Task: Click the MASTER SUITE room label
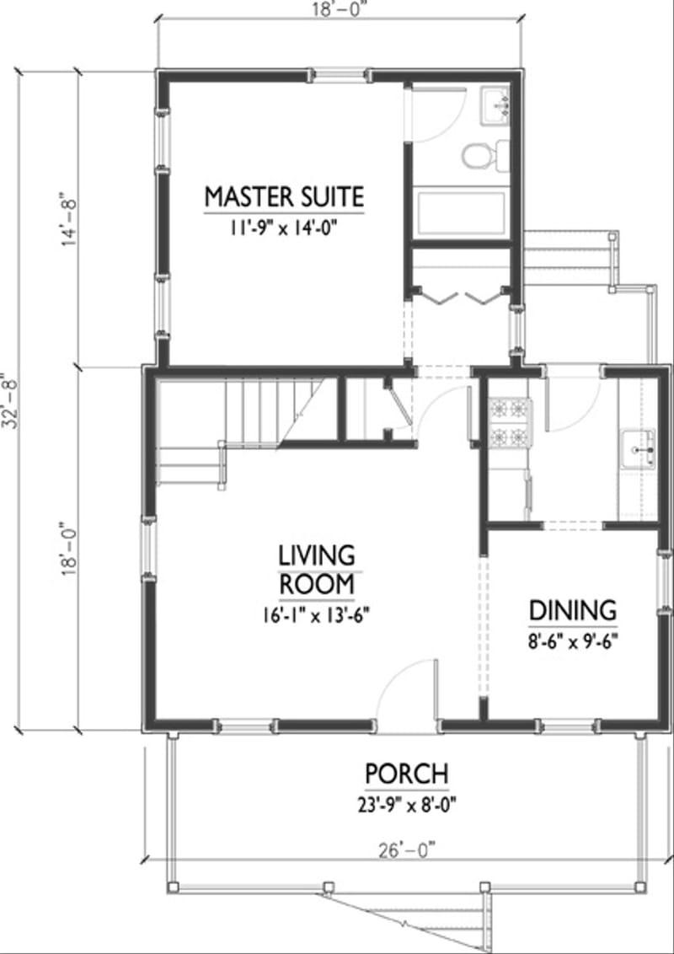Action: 285,196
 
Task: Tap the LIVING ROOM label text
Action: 317,569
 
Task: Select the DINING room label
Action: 573,609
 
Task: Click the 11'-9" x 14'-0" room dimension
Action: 285,227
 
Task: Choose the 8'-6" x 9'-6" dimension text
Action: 573,639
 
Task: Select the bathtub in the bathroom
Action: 461,216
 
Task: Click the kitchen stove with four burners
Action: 510,422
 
